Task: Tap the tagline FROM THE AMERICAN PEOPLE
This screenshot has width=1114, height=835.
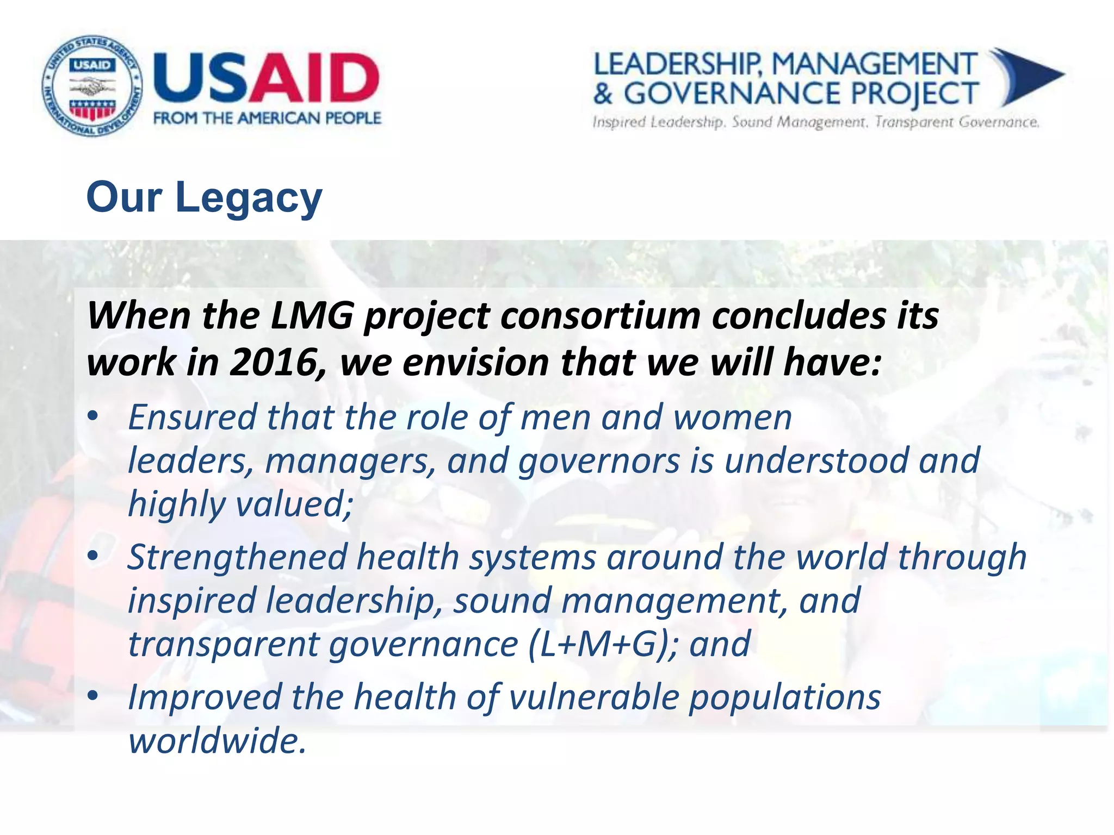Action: (x=267, y=118)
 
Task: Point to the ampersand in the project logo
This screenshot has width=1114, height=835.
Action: (x=603, y=94)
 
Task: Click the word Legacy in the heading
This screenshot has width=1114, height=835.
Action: (x=249, y=198)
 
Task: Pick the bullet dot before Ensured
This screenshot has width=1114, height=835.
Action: (x=94, y=416)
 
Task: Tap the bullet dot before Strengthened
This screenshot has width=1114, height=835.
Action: (x=94, y=556)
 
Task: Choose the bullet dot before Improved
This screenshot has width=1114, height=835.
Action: (x=94, y=696)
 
